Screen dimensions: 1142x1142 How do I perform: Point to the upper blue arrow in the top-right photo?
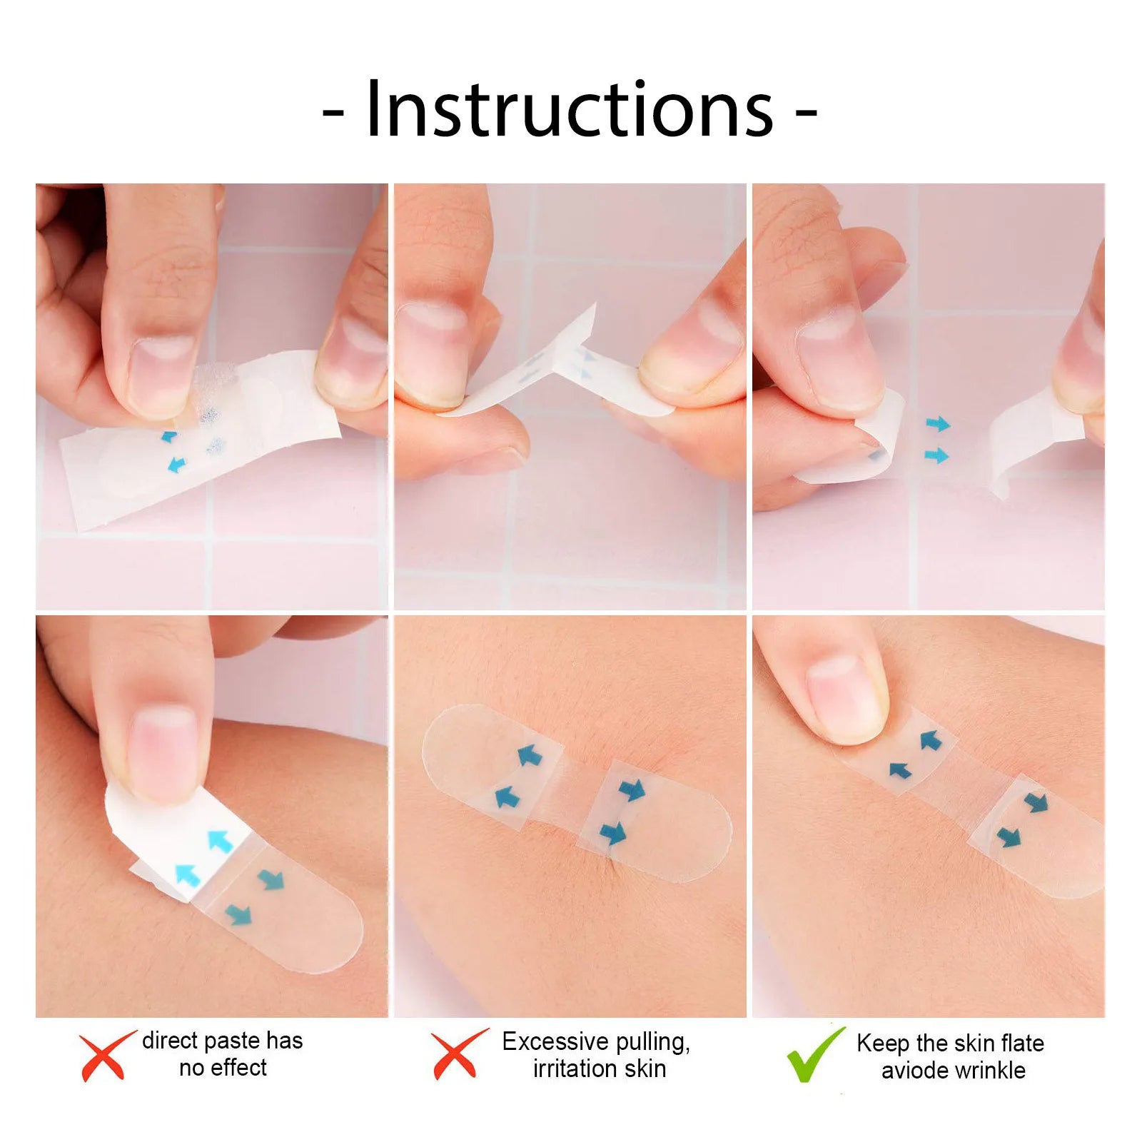coord(938,425)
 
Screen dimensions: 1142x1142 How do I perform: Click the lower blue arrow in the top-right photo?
coord(936,455)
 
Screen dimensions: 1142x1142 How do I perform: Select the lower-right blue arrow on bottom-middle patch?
coord(612,833)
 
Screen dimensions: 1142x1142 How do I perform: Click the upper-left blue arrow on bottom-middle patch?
coord(529,755)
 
